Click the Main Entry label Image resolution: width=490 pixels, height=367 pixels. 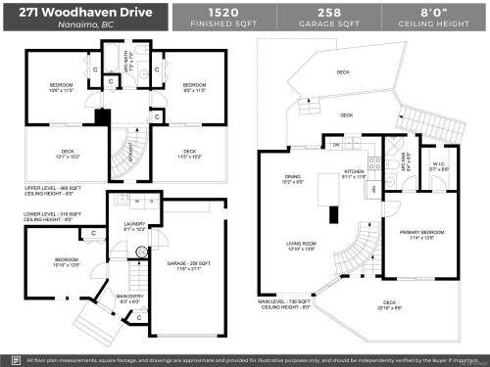[x=129, y=298]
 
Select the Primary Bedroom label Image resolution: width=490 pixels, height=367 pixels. [x=421, y=233]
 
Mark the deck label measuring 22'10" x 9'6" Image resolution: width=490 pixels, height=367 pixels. [x=389, y=304]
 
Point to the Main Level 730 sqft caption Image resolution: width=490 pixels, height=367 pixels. [x=286, y=304]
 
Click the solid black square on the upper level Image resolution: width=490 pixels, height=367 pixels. [x=101, y=115]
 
